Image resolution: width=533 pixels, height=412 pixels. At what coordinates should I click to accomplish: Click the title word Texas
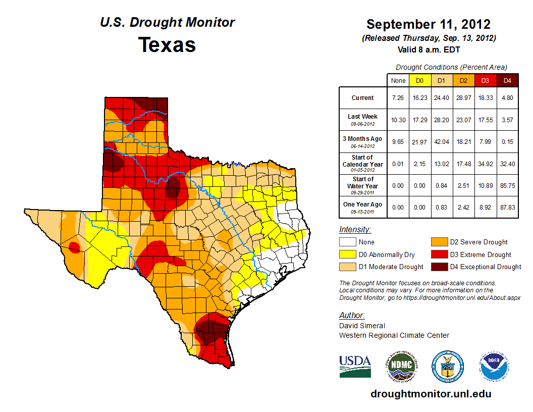tap(167, 45)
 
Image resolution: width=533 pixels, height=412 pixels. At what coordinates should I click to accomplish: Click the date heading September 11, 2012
tap(429, 24)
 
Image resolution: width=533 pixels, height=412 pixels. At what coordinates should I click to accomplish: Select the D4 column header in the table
tap(507, 80)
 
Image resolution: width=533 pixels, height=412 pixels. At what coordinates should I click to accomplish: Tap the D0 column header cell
tap(419, 80)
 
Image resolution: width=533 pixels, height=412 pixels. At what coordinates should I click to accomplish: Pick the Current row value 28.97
tap(463, 98)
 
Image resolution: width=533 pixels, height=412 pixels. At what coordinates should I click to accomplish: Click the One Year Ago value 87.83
tap(507, 208)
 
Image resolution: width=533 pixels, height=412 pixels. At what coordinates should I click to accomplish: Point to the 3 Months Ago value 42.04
tap(441, 142)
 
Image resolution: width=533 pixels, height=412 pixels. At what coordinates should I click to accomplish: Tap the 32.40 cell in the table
tap(507, 164)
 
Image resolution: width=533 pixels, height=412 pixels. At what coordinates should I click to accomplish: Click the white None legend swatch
tap(347, 242)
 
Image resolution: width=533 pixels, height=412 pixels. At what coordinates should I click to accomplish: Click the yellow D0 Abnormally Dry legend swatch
tap(347, 254)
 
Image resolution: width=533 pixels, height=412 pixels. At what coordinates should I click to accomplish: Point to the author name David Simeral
tap(362, 326)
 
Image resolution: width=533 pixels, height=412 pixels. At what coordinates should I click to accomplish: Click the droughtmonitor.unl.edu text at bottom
tap(431, 394)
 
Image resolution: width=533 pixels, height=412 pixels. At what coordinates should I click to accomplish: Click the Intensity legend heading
tap(355, 230)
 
